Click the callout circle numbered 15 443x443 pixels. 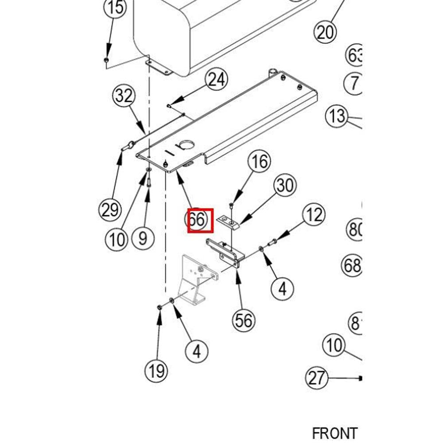tap(114, 8)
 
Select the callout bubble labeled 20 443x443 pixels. tap(326, 32)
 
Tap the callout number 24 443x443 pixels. tap(216, 80)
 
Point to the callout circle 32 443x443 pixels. tap(124, 96)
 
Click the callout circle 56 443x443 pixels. tap(244, 320)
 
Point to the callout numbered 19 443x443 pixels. tap(157, 370)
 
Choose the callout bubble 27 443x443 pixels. tap(317, 378)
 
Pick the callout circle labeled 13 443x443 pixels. tap(337, 116)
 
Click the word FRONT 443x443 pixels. tap(334, 433)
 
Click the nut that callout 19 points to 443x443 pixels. tap(160, 307)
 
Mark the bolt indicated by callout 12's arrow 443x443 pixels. tap(272, 241)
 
